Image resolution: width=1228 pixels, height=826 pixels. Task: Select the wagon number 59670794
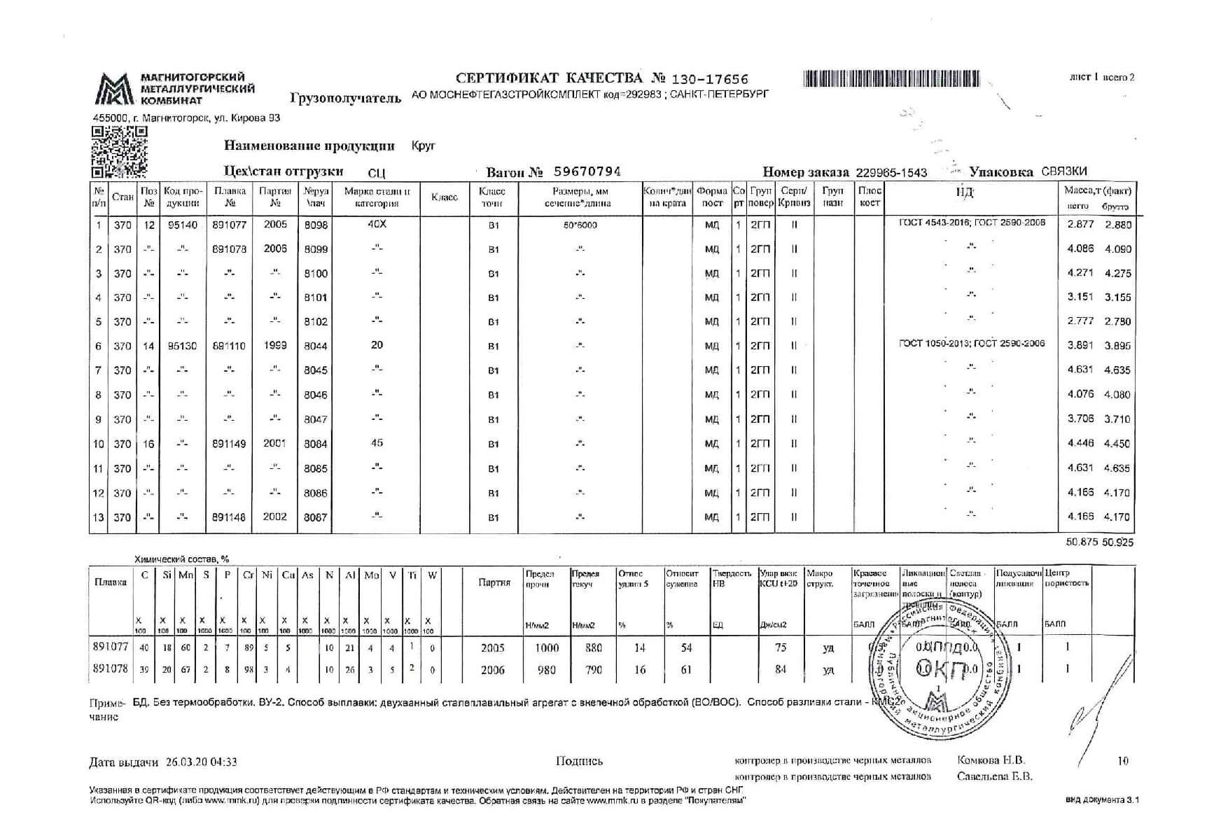coord(587,171)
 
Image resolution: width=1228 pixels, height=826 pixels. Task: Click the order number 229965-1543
coord(891,172)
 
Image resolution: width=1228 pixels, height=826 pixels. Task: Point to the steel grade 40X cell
coord(376,224)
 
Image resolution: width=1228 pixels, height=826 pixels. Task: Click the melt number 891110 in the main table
coord(229,346)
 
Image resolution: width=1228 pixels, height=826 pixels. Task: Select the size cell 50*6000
coord(580,225)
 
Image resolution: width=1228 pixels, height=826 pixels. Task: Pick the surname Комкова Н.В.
coord(990,760)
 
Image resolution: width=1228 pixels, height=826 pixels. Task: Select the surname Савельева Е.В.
coord(994,776)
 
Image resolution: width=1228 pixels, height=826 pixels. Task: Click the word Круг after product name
coord(424,146)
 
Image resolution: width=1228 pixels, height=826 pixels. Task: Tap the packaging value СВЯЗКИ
coord(1064,172)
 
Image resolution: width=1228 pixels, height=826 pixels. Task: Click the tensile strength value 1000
coord(546,648)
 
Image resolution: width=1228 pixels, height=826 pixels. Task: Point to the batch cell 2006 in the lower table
coord(492,670)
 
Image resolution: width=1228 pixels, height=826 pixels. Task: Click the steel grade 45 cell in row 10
coord(377,443)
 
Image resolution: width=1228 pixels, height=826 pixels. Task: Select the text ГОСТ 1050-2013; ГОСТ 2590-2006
coord(972,343)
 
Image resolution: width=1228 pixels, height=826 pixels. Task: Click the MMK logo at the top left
coord(114,89)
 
